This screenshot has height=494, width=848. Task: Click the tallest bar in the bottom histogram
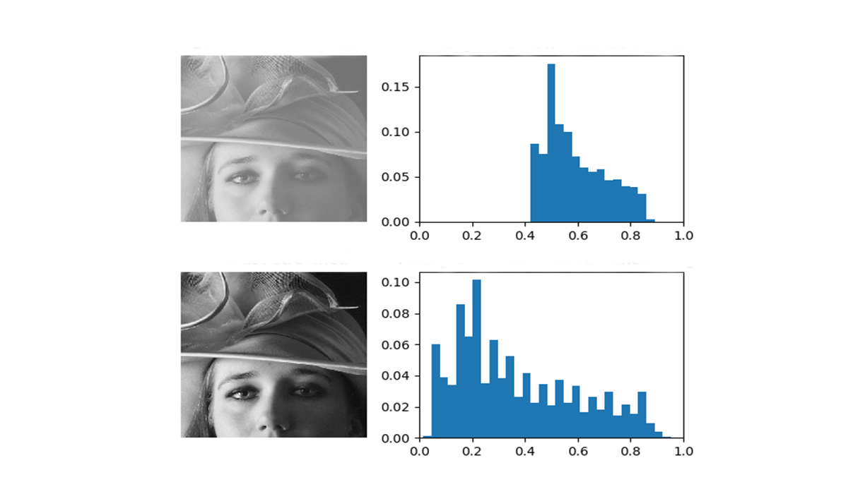pyautogui.click(x=476, y=360)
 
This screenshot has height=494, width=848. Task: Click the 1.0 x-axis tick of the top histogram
pyautogui.click(x=683, y=234)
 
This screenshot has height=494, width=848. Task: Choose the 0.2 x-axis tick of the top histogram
pyautogui.click(x=473, y=234)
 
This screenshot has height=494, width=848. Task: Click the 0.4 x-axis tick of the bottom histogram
pyautogui.click(x=525, y=450)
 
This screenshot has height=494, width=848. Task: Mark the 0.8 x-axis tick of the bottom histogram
pyautogui.click(x=630, y=450)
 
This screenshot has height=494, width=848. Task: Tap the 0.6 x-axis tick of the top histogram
pyautogui.click(x=578, y=234)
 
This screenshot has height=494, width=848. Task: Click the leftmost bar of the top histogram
pyautogui.click(x=534, y=183)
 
